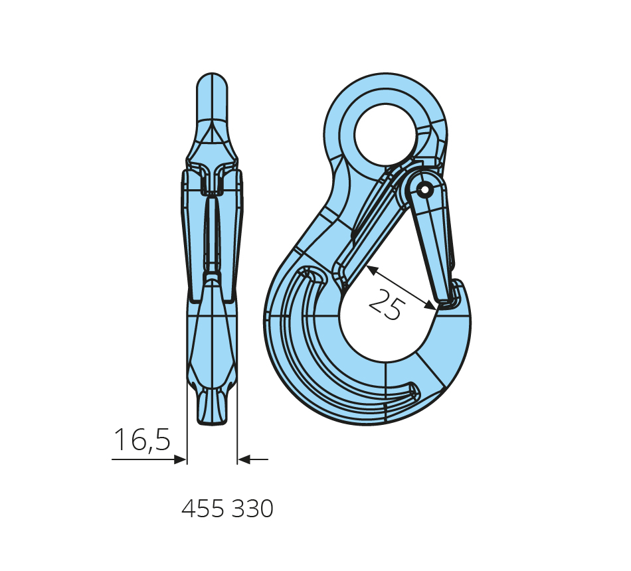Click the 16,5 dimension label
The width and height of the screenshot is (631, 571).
pyautogui.click(x=142, y=440)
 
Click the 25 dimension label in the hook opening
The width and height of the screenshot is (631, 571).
pyautogui.click(x=385, y=304)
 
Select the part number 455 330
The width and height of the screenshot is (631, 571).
pyautogui.click(x=227, y=509)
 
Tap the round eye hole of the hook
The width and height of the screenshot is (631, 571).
pyautogui.click(x=386, y=135)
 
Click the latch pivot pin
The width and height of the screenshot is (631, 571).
pyautogui.click(x=424, y=189)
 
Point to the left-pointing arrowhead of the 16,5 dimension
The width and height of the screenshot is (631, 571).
pyautogui.click(x=244, y=459)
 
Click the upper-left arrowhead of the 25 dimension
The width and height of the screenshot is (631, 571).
pyautogui.click(x=372, y=270)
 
